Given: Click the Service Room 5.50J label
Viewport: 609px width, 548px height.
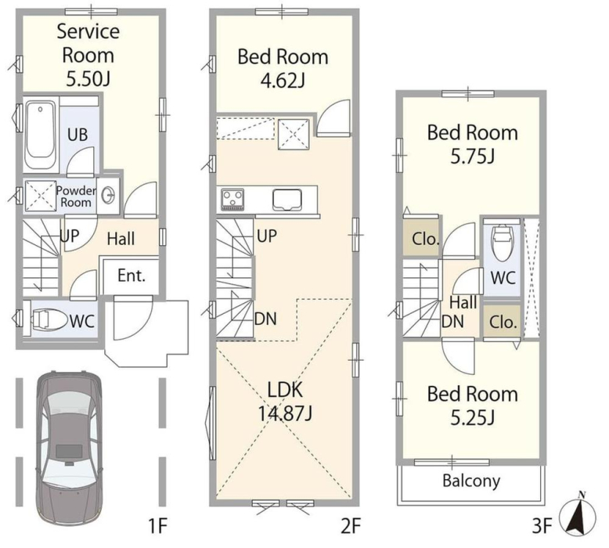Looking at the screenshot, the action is [88, 55].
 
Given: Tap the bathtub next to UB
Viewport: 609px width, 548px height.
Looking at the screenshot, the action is [41, 135].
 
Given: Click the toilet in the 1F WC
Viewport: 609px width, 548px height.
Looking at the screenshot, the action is [48, 319].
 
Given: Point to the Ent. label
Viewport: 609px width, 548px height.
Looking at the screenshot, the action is [132, 276].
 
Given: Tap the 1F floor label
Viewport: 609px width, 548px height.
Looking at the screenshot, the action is [157, 527].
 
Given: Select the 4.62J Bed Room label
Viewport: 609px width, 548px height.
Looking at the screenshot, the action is [283, 68].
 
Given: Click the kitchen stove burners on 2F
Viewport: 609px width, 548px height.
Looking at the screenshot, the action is [232, 200].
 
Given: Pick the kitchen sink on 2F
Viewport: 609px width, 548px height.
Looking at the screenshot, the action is [287, 200].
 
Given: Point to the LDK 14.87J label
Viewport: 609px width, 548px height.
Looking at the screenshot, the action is [285, 402].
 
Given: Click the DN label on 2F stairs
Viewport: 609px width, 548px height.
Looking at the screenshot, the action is [265, 319].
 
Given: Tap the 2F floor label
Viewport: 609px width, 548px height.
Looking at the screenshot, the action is [351, 527].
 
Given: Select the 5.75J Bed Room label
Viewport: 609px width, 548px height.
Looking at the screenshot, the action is [472, 145].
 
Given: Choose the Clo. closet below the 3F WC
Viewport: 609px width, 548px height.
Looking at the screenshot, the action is [503, 322].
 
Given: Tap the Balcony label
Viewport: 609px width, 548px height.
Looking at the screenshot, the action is [471, 481].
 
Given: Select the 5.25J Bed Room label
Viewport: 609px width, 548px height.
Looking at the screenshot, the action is [472, 406].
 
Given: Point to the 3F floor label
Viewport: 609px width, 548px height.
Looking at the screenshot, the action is [542, 527].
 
